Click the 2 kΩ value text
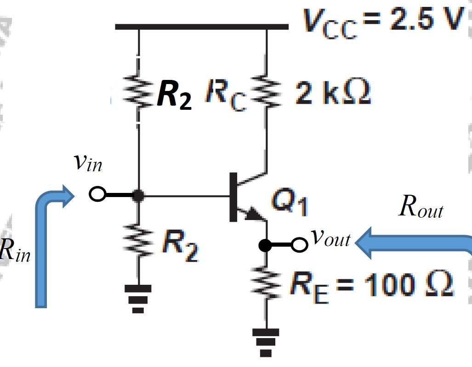(x=332, y=93)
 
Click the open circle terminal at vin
(x=97, y=194)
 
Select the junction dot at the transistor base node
(x=138, y=195)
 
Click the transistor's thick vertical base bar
(x=233, y=197)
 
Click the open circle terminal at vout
(x=300, y=245)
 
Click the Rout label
(x=421, y=207)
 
